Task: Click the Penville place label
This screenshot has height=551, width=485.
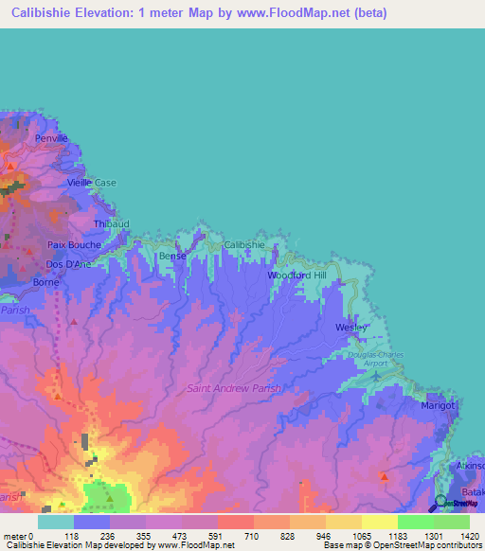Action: [x=51, y=138]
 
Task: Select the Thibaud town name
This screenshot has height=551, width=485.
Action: [x=110, y=223]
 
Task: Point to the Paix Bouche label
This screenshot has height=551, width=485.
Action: [x=74, y=244]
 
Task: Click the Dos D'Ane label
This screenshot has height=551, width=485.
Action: [x=69, y=264]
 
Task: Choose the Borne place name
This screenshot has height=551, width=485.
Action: [x=46, y=282]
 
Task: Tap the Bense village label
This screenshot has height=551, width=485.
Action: [x=171, y=257]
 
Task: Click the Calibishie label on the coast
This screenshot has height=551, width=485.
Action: [x=244, y=244]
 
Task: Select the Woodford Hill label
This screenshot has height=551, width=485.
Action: [x=296, y=275]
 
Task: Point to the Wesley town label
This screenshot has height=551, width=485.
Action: [x=350, y=328]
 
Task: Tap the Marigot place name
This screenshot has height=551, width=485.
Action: [x=439, y=405]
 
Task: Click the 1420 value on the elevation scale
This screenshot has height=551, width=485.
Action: [x=463, y=537]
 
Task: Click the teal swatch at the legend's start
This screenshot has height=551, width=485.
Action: [x=56, y=522]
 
